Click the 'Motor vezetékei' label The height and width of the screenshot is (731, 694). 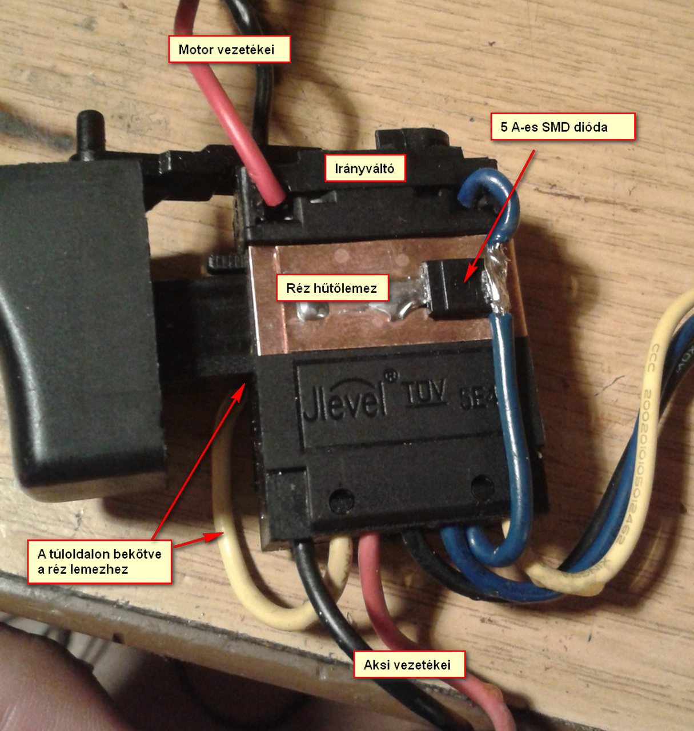229,50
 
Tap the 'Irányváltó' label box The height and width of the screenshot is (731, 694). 364,168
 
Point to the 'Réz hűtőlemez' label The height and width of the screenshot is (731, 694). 331,288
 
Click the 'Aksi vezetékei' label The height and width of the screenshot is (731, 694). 408,665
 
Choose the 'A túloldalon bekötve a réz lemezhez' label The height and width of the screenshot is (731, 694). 99,561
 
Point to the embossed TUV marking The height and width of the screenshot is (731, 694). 424,393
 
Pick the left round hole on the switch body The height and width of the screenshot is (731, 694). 342,500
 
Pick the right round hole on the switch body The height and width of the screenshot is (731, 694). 482,486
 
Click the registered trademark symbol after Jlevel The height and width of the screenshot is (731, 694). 391,376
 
